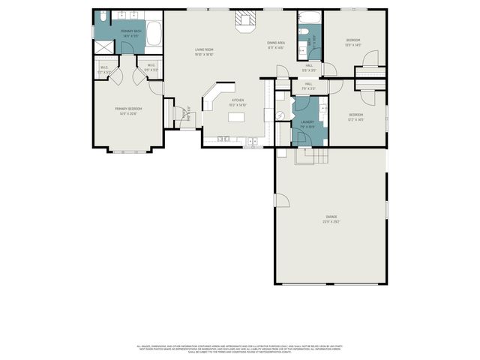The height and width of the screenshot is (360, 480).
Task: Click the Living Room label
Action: click(205, 51)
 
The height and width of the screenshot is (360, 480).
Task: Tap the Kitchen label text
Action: click(238, 101)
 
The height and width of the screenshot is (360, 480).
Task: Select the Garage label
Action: click(331, 217)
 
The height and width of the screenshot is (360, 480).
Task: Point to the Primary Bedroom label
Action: click(128, 110)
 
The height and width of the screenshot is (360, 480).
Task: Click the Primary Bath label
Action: click(131, 32)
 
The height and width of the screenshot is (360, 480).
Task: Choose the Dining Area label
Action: click(275, 44)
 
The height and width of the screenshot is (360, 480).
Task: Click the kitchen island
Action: click(238, 116)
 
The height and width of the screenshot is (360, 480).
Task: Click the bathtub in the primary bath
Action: click(153, 33)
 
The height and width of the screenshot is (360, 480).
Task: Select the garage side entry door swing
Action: click(283, 199)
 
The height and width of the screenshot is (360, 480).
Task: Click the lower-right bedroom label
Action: click(355, 116)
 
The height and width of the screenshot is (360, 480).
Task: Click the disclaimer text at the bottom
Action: click(239, 348)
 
